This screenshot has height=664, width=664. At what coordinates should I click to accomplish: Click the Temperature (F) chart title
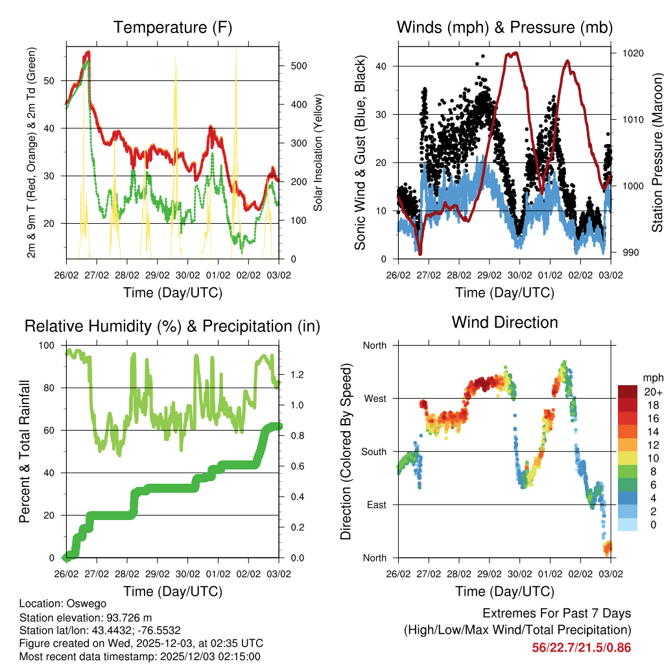172,28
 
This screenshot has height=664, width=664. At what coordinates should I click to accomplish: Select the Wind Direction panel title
504,322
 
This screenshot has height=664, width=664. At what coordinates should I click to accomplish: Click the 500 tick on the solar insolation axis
298,66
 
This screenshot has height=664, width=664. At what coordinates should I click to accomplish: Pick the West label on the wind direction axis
374,398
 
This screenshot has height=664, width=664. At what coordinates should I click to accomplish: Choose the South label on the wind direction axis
373,451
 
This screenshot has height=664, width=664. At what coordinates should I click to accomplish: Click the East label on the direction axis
375,504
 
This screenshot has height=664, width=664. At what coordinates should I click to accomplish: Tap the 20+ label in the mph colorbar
653,392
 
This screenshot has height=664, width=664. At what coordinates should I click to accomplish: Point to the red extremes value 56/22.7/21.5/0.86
582,647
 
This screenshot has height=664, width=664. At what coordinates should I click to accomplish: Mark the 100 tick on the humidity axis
49,345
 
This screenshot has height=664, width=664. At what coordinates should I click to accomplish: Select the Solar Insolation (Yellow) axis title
318,153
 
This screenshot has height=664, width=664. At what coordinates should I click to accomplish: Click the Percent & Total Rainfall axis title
24,451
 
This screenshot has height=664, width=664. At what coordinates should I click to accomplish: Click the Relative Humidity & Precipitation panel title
172,326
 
